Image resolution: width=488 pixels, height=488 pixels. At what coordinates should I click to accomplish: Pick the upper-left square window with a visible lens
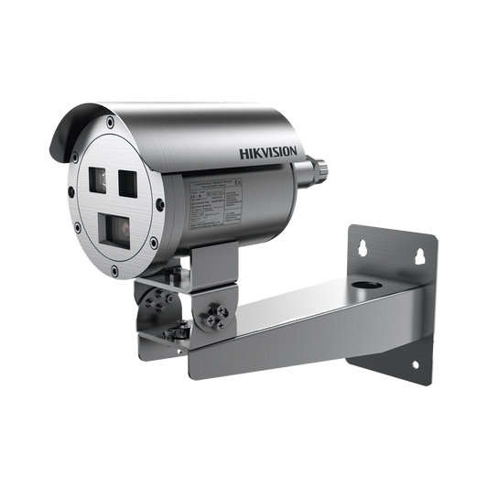click(x=100, y=180)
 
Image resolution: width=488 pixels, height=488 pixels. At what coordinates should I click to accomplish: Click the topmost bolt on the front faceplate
click(x=110, y=123)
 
